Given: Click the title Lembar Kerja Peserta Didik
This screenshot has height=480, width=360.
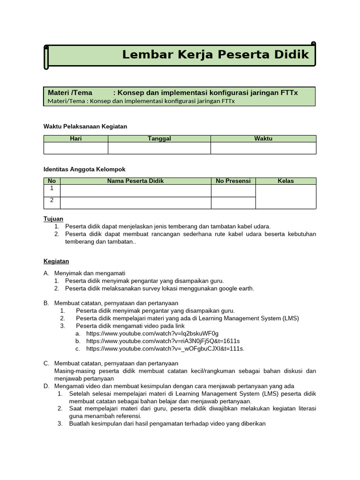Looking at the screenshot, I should pos(216,54).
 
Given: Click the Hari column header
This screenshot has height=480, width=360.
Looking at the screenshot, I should pos(75,138).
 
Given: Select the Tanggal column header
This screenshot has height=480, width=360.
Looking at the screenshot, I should pos(159,138).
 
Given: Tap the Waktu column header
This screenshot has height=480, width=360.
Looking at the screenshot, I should pos(263,138).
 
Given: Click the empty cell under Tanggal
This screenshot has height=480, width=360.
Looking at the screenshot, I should pos(159,148).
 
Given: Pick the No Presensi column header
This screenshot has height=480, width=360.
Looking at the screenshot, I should pos(233,181).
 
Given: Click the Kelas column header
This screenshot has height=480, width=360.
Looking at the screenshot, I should pos(285,181).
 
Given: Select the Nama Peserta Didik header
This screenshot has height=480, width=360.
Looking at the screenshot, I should pos(135,181).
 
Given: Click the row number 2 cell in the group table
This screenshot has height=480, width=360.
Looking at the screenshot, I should pos(52,201).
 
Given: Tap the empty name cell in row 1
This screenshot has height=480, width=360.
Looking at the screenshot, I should pos(135,190).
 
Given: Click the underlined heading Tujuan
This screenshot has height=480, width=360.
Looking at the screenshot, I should pos(53,219).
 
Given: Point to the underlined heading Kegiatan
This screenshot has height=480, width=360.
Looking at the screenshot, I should pos(56,261).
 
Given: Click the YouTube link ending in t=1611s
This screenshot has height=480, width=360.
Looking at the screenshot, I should pos(163,341).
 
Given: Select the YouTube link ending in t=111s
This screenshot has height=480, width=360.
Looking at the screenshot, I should pos(165,348).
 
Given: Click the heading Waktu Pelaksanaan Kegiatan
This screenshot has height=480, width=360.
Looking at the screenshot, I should pos(85,127).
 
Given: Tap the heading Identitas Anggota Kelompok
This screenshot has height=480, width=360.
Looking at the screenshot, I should pos(84,169).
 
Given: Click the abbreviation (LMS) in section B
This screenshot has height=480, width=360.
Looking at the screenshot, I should pos(290,318).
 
